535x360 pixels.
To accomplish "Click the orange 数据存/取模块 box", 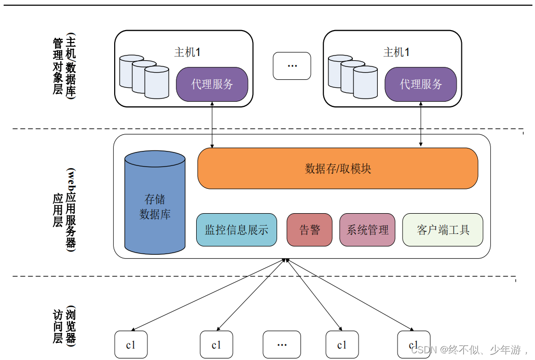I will point(337,169).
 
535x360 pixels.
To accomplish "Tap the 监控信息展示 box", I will point(237,230).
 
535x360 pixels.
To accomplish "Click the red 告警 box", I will point(310,230).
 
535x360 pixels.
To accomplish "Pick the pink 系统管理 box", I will point(367,230).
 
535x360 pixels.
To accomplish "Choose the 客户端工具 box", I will point(443,230).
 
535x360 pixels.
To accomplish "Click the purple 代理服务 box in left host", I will point(212,84).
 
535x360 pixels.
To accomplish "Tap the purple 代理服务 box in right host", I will point(421,84).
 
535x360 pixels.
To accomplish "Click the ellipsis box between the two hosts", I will point(292,66).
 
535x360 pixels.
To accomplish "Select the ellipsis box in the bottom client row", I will point(282,344).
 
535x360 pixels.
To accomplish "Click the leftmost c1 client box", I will point(131,344).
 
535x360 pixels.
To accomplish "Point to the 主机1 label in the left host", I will point(187,52).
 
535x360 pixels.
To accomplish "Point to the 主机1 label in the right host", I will point(396,52).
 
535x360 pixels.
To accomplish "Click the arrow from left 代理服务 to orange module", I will point(212,124).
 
